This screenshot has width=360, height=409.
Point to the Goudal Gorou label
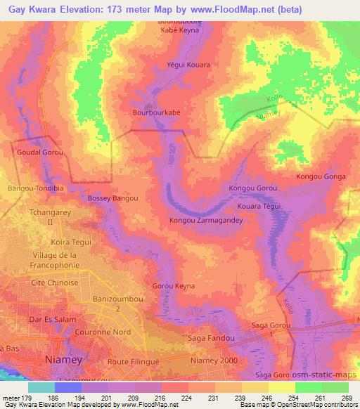39,152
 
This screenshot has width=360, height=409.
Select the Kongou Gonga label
321,177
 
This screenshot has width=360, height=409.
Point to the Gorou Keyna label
174,286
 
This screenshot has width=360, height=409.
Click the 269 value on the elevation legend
347,397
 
